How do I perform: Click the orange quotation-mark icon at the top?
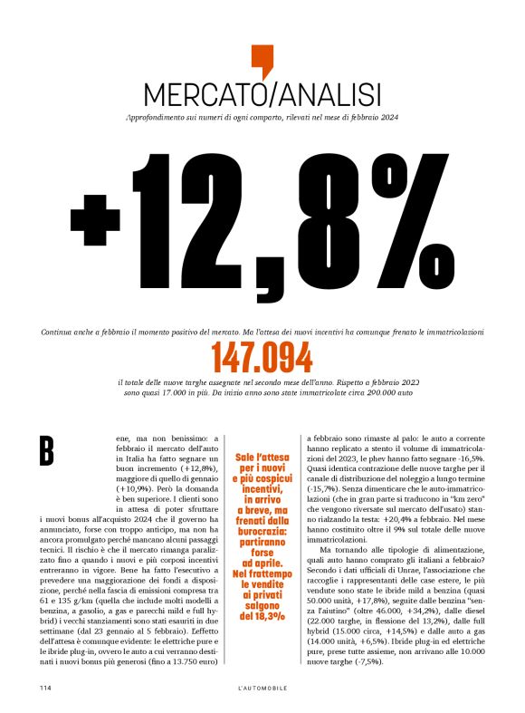pos(262,61)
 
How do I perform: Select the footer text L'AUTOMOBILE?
pos(262,689)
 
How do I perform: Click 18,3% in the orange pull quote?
pos(262,591)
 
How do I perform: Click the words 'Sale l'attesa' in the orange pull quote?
pos(262,458)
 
